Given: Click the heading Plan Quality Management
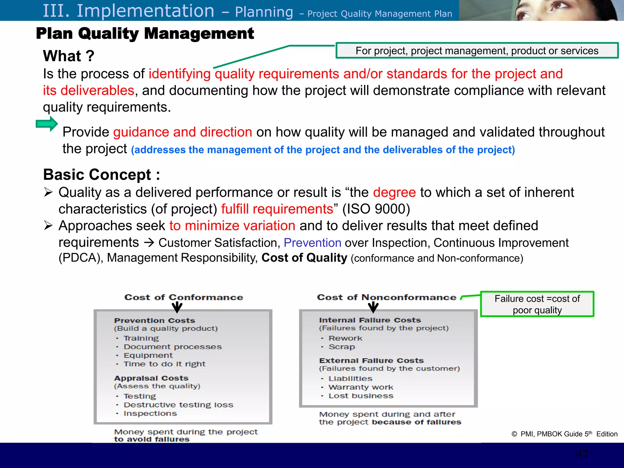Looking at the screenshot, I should point(145,34).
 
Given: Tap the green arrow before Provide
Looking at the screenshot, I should point(47,124).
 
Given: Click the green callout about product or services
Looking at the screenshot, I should point(477,51).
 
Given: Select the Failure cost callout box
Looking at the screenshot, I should point(537,304).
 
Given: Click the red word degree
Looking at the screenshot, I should point(394,193).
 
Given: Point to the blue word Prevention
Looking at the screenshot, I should point(312,243).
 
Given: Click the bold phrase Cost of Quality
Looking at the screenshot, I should point(304,258).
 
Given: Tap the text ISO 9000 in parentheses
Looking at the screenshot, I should point(376,209).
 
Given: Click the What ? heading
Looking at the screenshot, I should point(69,56).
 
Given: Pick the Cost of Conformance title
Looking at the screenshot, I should point(183,297).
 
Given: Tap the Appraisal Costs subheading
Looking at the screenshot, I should point(151,378).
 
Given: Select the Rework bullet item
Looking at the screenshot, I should point(345,338).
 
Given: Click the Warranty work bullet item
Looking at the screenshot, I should point(361,387).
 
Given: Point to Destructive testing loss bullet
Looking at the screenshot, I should point(178,405).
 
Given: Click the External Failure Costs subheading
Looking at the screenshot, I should point(371,360).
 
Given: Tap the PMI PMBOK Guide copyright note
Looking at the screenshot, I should point(564,434).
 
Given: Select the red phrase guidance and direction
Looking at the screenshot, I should point(183,132).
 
